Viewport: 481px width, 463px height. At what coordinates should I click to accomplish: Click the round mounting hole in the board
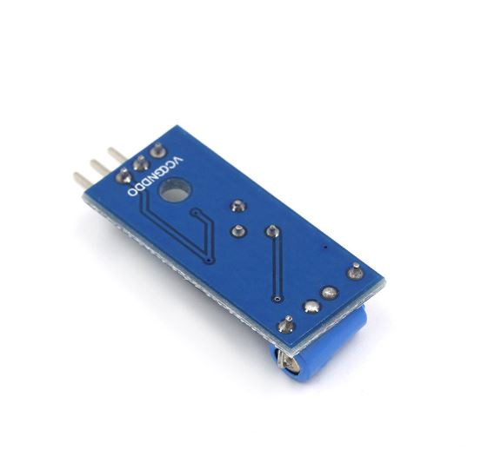click(x=177, y=189)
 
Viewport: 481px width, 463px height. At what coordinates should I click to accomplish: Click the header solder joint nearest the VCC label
click(x=157, y=149)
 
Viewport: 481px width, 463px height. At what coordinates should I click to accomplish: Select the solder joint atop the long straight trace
click(x=271, y=231)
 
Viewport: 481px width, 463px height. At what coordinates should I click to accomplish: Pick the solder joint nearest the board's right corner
click(x=355, y=270)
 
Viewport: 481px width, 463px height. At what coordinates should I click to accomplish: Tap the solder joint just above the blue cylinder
click(x=285, y=327)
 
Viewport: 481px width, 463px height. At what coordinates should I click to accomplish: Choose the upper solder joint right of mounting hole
click(x=237, y=207)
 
